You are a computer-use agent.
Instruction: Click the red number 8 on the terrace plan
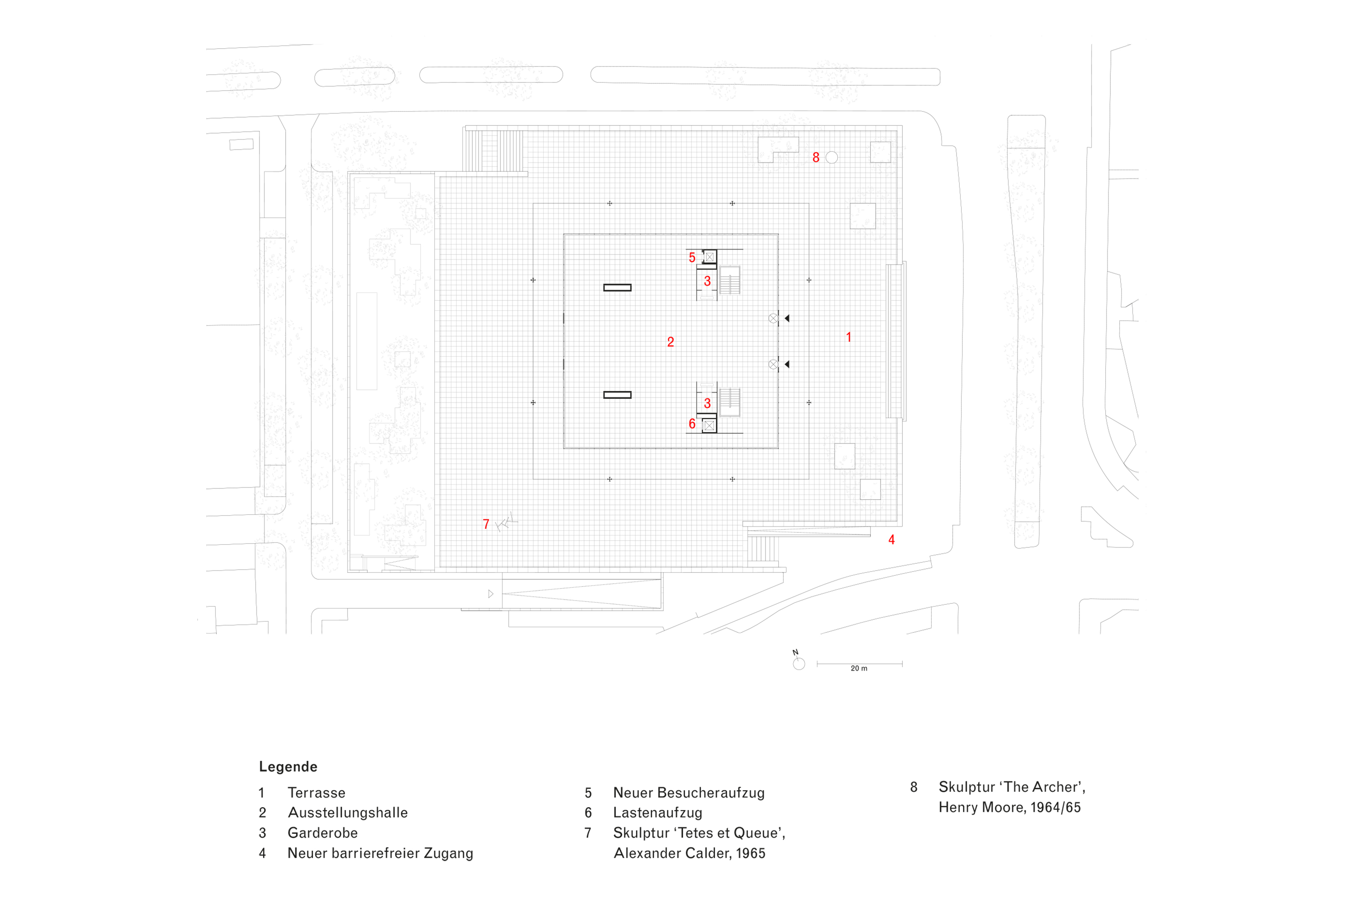[816, 157]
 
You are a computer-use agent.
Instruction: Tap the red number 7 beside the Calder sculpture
[486, 524]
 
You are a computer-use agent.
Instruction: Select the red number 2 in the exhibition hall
[670, 342]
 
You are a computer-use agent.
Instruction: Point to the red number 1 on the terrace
[849, 337]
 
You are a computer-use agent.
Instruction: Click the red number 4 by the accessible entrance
[891, 540]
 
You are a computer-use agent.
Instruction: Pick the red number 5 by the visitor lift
[692, 258]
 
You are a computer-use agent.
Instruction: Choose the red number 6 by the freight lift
[692, 424]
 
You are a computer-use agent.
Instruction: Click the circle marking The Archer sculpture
[831, 157]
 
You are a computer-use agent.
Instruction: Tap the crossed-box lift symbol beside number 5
[710, 257]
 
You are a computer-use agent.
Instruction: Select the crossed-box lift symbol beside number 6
[709, 425]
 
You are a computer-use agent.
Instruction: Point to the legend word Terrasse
[317, 793]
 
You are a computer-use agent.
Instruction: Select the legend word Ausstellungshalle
[348, 813]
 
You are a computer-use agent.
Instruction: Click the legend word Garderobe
[322, 833]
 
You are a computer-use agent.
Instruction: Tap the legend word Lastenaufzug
[657, 813]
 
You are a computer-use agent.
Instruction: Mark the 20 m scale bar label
[859, 668]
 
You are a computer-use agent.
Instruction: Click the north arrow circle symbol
[798, 664]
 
